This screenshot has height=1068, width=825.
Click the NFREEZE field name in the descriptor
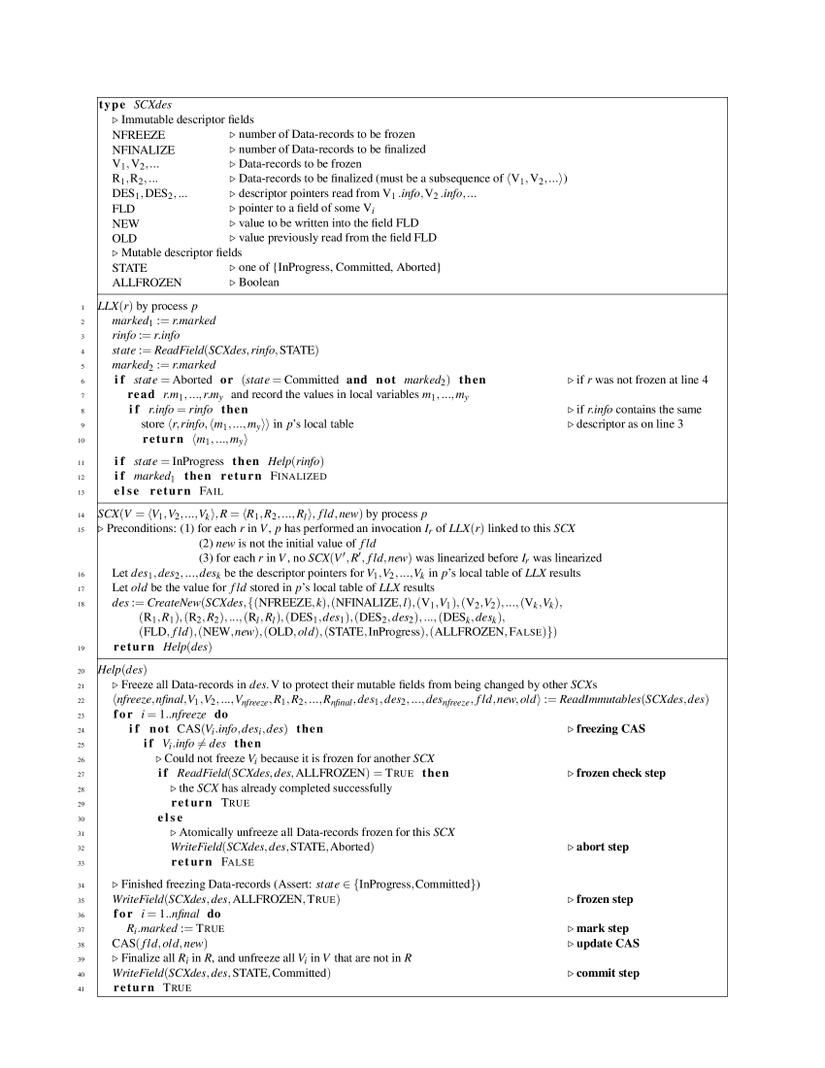138,134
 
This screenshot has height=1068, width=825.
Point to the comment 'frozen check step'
621,773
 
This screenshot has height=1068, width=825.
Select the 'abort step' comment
603,847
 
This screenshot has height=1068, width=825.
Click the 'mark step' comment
603,928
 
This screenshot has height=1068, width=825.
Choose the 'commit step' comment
608,973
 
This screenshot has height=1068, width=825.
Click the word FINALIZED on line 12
296,476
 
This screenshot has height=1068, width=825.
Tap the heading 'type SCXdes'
136,104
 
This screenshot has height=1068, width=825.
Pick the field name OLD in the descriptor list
124,238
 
